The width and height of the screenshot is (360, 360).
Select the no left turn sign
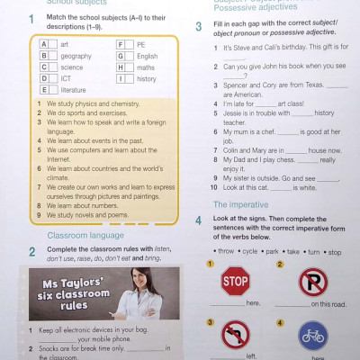point(235,337)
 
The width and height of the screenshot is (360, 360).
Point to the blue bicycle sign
point(312,338)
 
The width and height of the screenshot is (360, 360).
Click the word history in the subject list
point(147,78)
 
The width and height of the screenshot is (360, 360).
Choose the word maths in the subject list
point(146,67)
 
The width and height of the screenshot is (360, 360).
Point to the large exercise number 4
point(198,220)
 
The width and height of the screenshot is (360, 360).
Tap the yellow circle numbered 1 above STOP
point(210,265)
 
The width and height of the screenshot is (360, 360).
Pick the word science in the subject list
point(72,67)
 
